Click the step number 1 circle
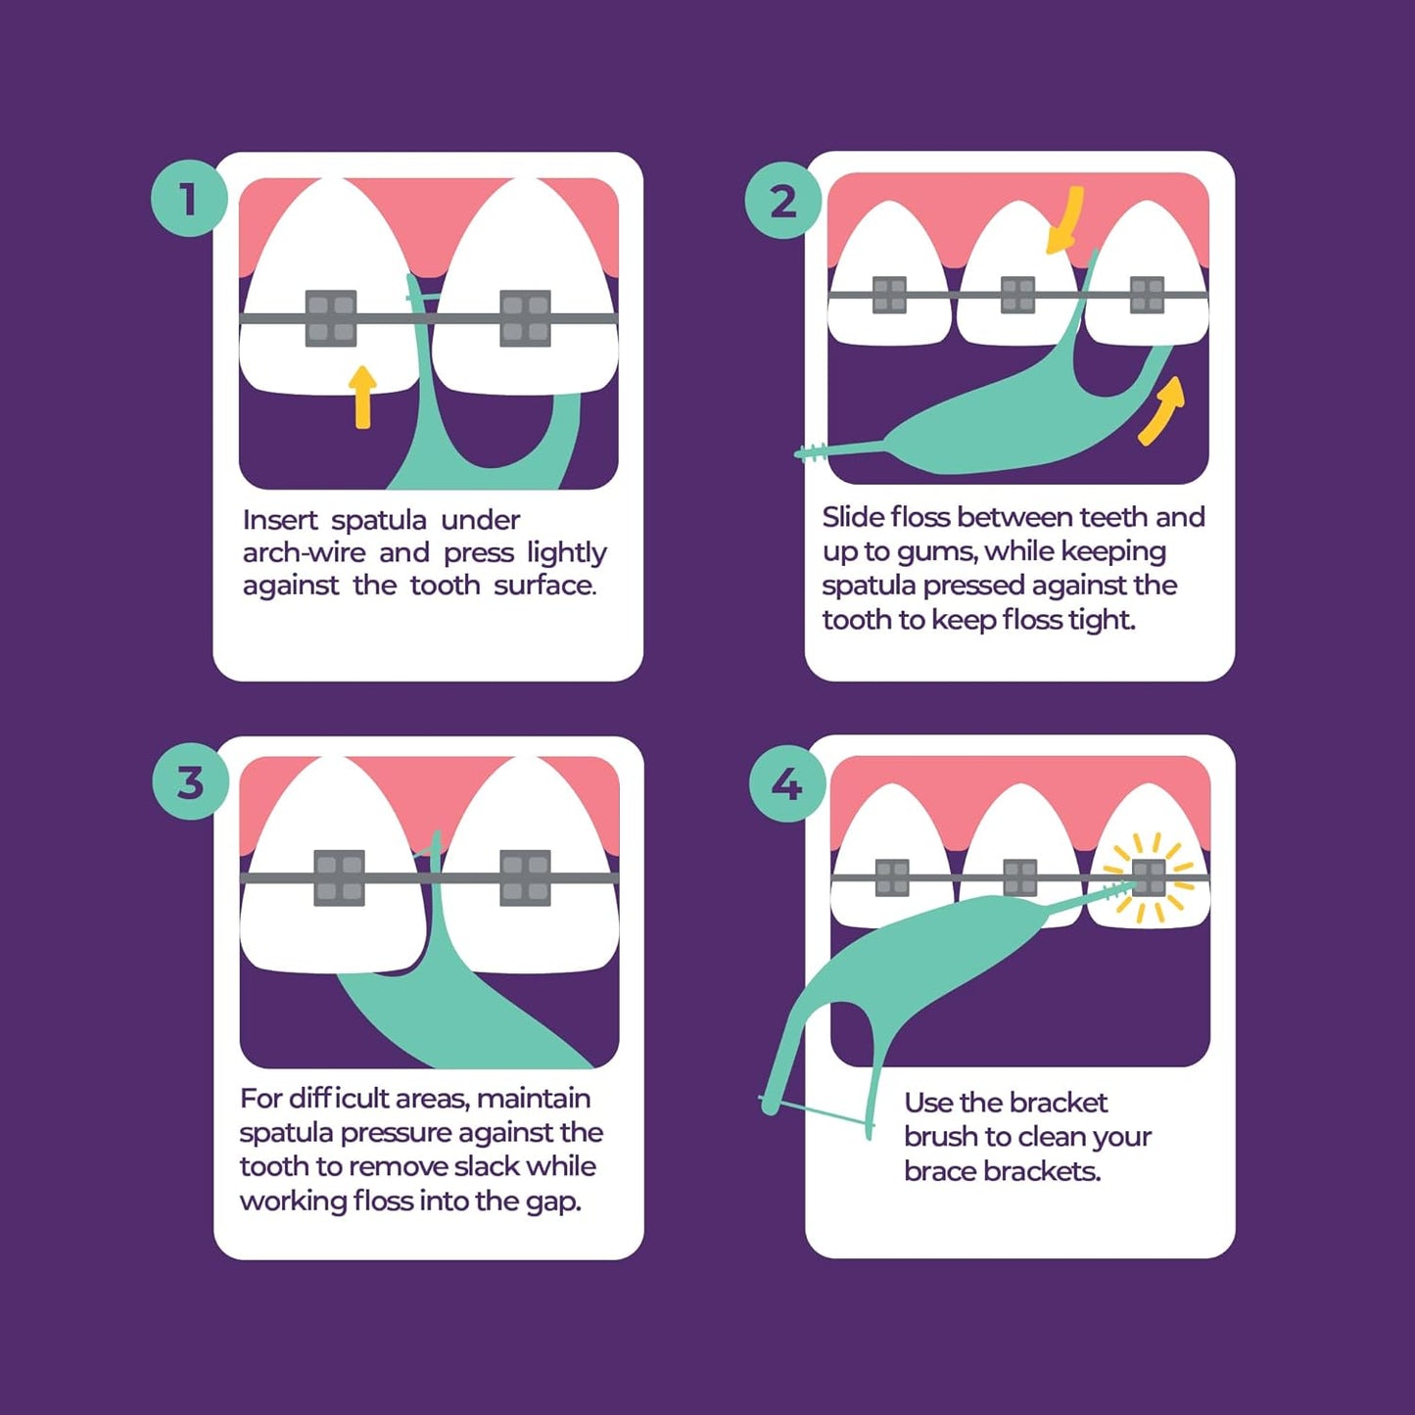click(x=189, y=198)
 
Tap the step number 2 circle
click(x=782, y=202)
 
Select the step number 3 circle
click(x=190, y=782)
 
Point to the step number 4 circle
click(x=786, y=783)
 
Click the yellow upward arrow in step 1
click(x=362, y=397)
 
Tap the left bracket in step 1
click(x=331, y=318)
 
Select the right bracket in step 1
click(x=525, y=318)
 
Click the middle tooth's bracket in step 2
click(x=1017, y=295)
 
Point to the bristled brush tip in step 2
click(x=811, y=451)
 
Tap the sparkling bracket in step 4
click(x=1149, y=877)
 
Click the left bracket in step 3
click(x=339, y=876)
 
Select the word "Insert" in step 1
click(x=279, y=520)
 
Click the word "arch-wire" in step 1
click(x=304, y=553)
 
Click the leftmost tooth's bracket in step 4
click(x=892, y=877)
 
